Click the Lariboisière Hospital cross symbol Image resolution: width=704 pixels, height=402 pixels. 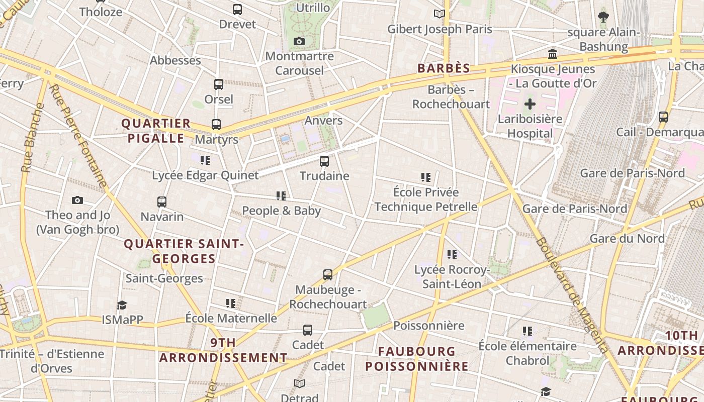530,105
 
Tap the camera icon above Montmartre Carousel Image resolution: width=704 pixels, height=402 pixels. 299,41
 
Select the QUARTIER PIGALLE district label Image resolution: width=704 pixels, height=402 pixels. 156,131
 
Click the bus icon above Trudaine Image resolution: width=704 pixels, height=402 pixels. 324,161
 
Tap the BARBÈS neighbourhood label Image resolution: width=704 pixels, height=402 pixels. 444,69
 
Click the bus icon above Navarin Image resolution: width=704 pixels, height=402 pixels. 162,202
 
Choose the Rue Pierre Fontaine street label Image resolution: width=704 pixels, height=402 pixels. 79,136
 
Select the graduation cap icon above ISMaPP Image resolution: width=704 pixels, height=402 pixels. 122,305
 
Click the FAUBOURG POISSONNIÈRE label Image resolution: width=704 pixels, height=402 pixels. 417,359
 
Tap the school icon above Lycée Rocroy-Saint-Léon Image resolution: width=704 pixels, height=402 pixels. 452,255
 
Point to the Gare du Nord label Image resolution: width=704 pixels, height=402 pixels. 627,238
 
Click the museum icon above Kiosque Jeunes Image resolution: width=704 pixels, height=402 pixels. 553,54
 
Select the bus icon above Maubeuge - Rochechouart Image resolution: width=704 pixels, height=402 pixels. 328,275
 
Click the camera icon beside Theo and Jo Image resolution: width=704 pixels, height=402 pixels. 77,200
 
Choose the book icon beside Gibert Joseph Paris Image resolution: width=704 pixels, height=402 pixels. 439,14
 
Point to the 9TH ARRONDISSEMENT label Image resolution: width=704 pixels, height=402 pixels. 223,350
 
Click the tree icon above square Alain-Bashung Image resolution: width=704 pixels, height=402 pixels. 603,17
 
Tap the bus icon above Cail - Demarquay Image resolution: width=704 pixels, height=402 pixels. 663,117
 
